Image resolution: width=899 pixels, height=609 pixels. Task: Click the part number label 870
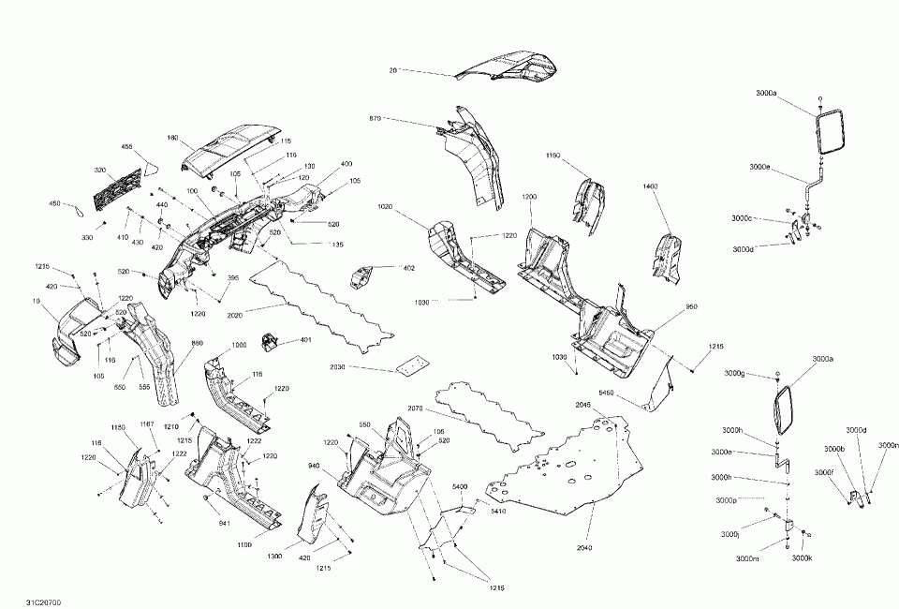[376, 119]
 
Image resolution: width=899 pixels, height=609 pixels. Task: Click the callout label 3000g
[735, 374]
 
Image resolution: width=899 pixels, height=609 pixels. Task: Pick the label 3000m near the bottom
[748, 558]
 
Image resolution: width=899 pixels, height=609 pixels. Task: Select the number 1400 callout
[651, 186]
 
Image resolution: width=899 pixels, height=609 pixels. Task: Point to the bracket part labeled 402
[361, 278]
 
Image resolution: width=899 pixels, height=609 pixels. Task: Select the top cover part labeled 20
[506, 68]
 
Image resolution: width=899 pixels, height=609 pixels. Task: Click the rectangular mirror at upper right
[829, 131]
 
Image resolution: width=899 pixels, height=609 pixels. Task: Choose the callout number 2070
[416, 408]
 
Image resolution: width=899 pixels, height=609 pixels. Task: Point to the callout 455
[127, 146]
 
